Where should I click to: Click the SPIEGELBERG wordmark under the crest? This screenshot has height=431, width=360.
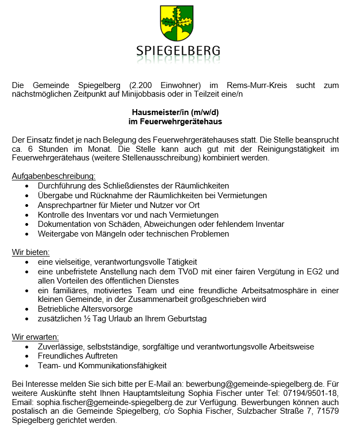178,51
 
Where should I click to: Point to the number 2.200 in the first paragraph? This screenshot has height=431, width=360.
142,85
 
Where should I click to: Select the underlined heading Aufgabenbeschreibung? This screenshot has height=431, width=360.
54,176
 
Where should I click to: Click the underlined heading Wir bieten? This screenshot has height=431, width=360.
31,252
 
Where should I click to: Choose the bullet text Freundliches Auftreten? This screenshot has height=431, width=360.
77,356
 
